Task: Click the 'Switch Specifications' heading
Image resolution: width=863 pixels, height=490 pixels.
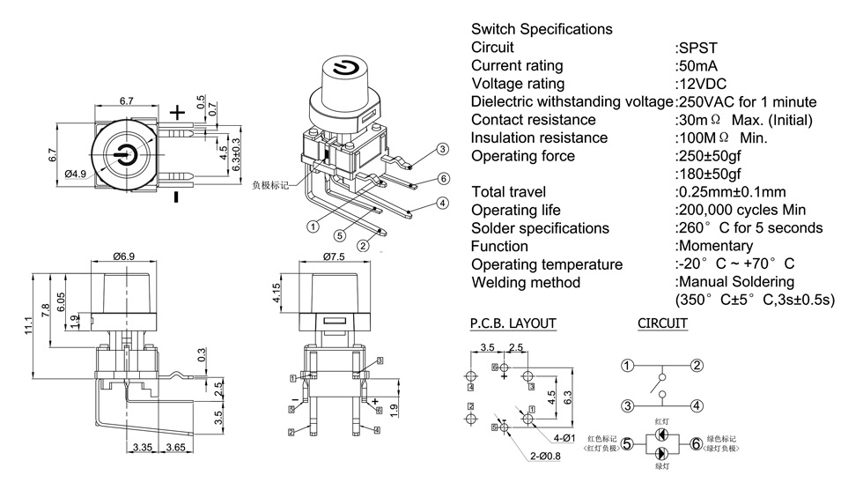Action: [542, 29]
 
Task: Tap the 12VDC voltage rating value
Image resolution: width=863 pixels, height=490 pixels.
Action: [701, 84]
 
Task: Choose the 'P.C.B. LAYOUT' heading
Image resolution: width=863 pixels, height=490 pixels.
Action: [513, 323]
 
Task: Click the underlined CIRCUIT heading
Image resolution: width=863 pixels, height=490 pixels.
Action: [662, 323]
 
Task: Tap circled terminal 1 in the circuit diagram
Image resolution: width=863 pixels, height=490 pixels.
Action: [627, 366]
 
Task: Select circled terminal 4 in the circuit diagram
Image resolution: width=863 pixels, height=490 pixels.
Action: [697, 406]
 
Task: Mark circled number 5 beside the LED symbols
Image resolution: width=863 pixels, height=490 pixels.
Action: [627, 444]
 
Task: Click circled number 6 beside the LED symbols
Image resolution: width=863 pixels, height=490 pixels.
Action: [697, 444]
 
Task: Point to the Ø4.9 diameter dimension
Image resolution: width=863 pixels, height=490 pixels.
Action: [77, 174]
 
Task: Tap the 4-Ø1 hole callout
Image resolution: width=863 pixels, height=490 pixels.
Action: [564, 438]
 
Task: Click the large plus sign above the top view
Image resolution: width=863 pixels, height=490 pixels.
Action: [178, 113]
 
